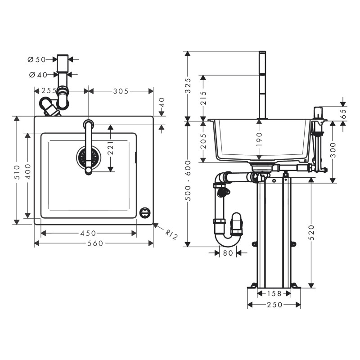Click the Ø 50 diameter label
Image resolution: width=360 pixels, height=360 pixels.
point(37,59)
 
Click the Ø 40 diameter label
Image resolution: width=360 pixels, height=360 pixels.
point(37,74)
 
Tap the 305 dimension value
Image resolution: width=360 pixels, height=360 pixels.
point(121,91)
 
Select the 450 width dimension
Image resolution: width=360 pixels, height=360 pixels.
point(88,233)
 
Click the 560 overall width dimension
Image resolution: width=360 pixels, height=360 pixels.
point(94,243)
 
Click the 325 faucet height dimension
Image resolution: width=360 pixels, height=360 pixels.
point(189,85)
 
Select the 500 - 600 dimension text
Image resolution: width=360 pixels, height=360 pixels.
point(189,182)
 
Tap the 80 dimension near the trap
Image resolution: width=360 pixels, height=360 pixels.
point(229,253)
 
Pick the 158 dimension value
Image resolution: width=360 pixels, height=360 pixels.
point(274,294)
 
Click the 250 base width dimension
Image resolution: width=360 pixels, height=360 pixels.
point(274,305)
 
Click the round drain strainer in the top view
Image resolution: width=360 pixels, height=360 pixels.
point(88,157)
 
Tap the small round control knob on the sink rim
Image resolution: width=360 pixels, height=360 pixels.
point(145,211)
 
